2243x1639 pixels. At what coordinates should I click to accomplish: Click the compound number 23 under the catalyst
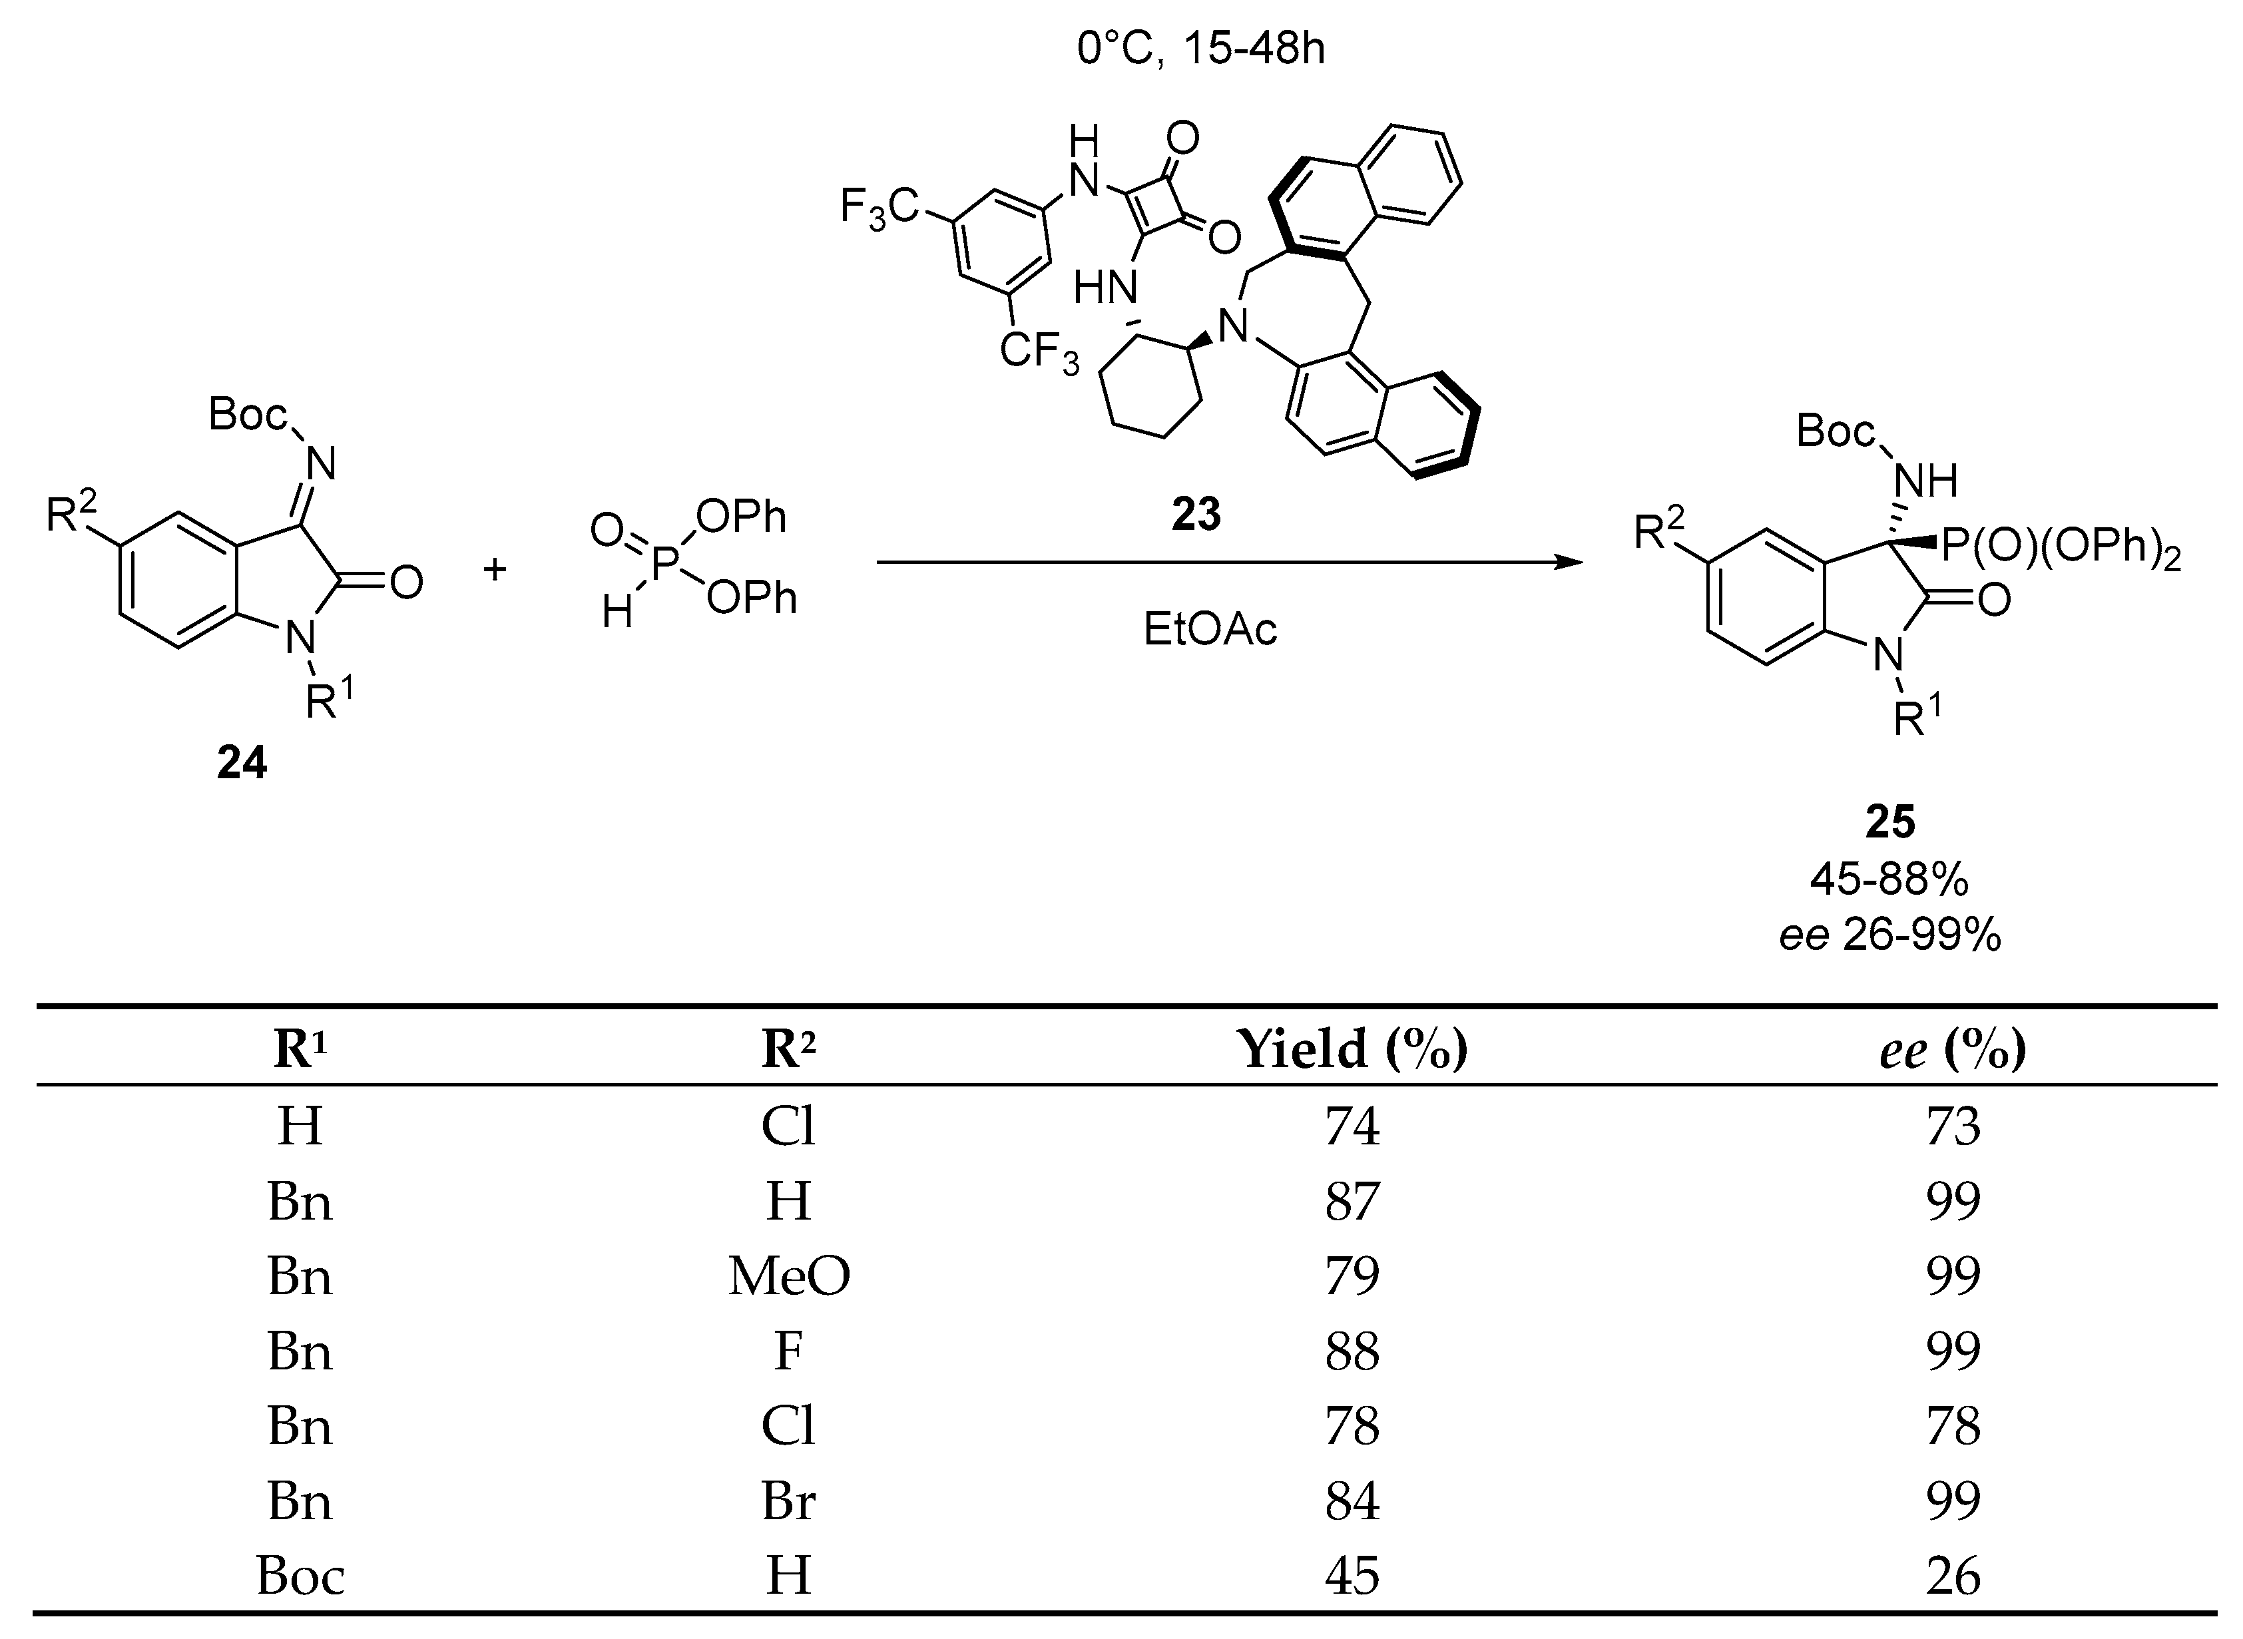(x=1196, y=515)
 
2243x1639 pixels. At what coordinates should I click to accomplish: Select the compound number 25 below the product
(x=1890, y=821)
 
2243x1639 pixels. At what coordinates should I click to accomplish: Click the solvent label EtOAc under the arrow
(x=1210, y=629)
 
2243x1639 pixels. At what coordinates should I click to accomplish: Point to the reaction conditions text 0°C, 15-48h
(x=1201, y=49)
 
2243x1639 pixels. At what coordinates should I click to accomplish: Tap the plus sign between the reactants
(x=494, y=569)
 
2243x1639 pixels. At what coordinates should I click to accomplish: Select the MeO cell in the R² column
(x=789, y=1276)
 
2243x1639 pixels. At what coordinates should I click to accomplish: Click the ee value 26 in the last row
(x=1952, y=1576)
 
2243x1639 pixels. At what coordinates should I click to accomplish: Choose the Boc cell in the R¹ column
(x=300, y=1576)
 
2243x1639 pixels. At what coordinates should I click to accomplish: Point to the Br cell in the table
(x=789, y=1501)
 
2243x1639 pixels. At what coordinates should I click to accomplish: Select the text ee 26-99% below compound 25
(x=1890, y=935)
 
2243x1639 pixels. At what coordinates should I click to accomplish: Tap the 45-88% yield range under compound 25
(x=1890, y=879)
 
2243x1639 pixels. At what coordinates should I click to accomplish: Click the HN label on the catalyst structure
(x=1105, y=289)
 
